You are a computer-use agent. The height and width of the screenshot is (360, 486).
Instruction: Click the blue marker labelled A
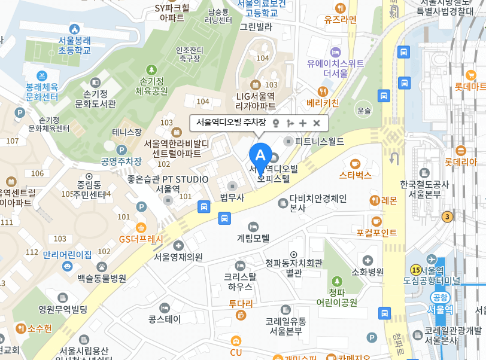[260, 154]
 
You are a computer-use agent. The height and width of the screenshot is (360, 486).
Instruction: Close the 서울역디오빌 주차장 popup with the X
[317, 123]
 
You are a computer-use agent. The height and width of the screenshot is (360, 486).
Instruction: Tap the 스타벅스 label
[356, 175]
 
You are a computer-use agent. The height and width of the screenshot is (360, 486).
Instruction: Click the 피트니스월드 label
[320, 142]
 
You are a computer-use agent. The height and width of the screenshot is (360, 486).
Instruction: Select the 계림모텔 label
[253, 237]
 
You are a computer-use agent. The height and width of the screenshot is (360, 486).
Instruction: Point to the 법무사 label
[232, 198]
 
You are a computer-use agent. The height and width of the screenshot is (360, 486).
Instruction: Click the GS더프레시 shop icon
[141, 227]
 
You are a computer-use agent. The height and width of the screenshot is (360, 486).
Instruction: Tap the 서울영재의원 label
[178, 257]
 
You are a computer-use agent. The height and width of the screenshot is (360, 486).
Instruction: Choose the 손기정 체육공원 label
[151, 86]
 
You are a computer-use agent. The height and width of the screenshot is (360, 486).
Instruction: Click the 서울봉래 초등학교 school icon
[74, 29]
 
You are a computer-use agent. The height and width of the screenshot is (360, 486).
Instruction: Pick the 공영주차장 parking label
[121, 161]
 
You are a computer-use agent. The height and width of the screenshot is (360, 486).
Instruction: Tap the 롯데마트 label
[470, 87]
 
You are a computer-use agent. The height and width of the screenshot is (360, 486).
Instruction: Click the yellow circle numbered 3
[446, 216]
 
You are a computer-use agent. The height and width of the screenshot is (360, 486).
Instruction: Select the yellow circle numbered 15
[415, 270]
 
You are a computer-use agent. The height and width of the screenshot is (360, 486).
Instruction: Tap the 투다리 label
[241, 303]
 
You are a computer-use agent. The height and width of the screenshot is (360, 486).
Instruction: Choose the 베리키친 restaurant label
[323, 103]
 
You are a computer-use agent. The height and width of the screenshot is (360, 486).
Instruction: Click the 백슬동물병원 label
[102, 278]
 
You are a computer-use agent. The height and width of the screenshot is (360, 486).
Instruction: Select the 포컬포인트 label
[376, 233]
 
